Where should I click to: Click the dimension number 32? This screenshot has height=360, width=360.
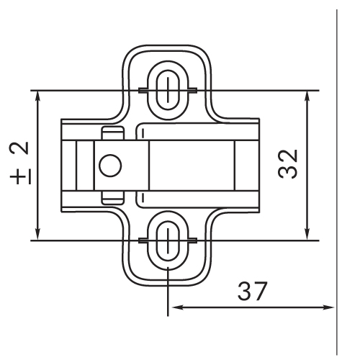(288, 164)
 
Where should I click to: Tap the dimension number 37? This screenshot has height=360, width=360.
(252, 291)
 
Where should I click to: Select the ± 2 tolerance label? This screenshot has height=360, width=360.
(20, 163)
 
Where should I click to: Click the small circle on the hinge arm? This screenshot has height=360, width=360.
(110, 166)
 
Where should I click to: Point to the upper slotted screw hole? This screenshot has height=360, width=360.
(168, 90)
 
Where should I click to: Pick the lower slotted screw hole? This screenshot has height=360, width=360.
(168, 240)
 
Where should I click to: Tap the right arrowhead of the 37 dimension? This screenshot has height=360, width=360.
(328, 307)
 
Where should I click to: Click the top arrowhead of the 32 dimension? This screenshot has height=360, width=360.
(307, 96)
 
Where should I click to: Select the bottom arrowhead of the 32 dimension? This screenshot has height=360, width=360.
(307, 234)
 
